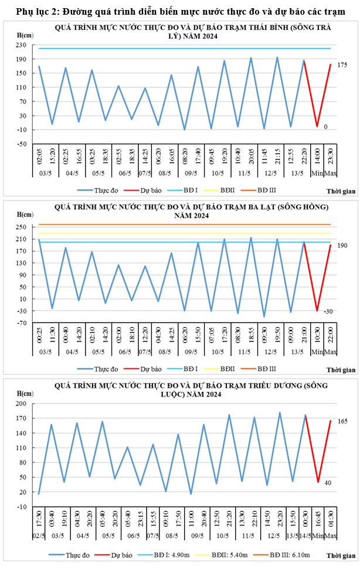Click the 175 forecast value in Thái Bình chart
342,65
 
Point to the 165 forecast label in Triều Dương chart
342,421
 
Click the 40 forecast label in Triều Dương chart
328,483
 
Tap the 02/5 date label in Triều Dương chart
39,536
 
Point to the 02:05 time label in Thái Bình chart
39,157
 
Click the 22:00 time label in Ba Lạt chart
331,339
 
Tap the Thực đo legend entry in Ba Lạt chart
106,369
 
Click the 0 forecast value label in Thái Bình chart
326,127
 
